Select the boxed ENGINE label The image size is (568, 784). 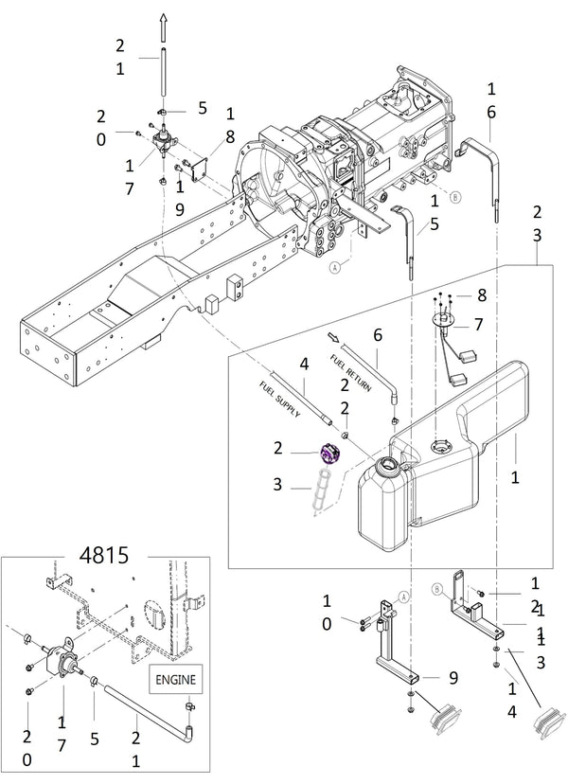coord(179,679)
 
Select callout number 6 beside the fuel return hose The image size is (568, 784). coord(376,334)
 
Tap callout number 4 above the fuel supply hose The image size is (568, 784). coord(304,363)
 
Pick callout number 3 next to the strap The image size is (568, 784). coord(277,484)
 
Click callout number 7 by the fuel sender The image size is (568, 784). coord(479,324)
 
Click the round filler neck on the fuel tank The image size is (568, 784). coord(389,467)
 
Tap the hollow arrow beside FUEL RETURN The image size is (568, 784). coord(333,336)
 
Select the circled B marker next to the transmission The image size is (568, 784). coord(454,197)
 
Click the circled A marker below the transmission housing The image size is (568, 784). coord(333,268)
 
